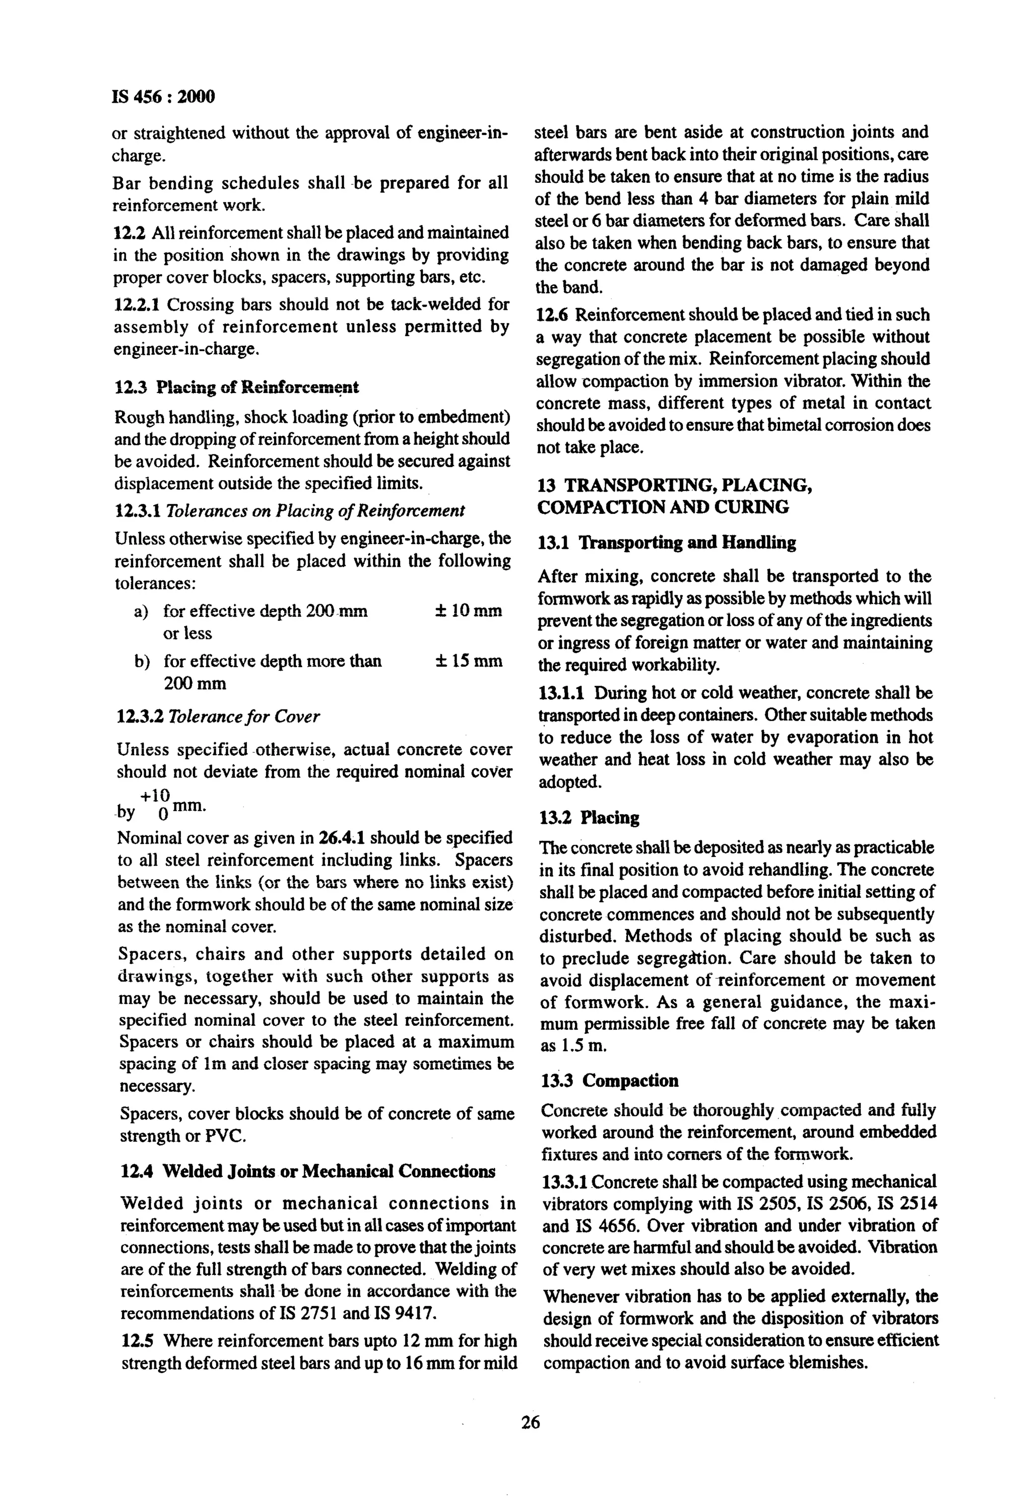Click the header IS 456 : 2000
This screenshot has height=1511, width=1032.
163,97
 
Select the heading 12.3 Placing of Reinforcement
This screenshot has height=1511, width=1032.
236,387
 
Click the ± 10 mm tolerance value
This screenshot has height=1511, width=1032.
468,611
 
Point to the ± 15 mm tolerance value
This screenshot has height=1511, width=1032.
468,661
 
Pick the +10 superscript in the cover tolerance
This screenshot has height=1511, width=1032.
155,795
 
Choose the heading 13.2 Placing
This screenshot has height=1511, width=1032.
589,817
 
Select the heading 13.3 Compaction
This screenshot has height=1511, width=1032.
610,1081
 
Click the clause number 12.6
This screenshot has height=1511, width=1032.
552,315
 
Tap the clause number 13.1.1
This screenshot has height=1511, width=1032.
562,693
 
